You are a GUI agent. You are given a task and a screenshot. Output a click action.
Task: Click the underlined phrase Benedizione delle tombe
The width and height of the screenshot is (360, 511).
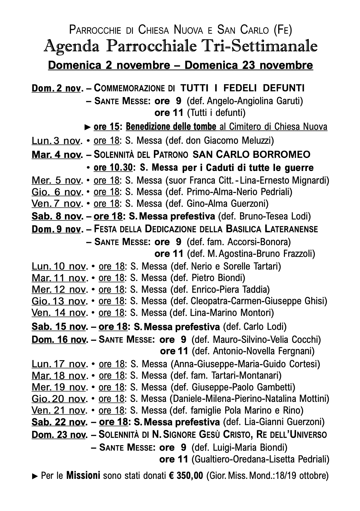171,127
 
